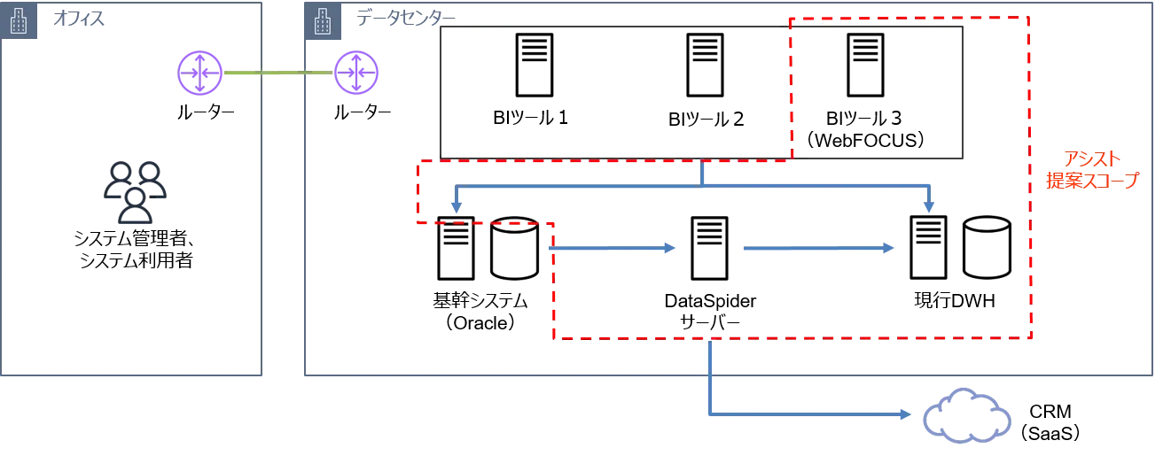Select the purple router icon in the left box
[201, 73]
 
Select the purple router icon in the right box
[357, 73]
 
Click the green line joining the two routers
[279, 74]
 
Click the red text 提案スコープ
[1092, 180]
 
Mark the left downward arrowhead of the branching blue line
[456, 206]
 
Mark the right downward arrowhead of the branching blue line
[929, 206]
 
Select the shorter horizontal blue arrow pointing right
[614, 250]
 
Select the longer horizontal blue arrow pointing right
[817, 250]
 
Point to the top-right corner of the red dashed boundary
[1028, 18]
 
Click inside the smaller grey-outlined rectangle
[876, 89]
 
